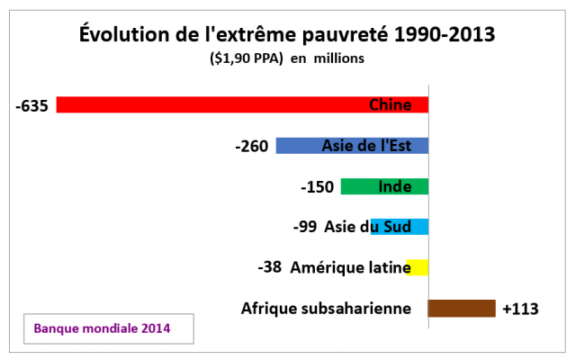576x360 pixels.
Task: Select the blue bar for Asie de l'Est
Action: (x=297, y=146)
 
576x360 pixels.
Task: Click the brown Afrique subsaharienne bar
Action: (x=462, y=309)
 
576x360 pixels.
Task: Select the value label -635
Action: (x=31, y=105)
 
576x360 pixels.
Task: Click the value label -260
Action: (x=251, y=146)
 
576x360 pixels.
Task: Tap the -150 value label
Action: (x=317, y=187)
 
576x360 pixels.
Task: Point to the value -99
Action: (x=305, y=227)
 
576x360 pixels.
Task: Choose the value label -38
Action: (x=270, y=267)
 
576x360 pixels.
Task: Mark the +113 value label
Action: (x=520, y=309)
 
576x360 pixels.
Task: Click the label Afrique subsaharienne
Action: (x=326, y=309)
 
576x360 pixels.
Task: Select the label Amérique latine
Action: (x=351, y=267)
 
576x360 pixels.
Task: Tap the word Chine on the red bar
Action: (x=391, y=105)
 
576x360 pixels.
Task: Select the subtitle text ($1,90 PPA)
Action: (x=245, y=58)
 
